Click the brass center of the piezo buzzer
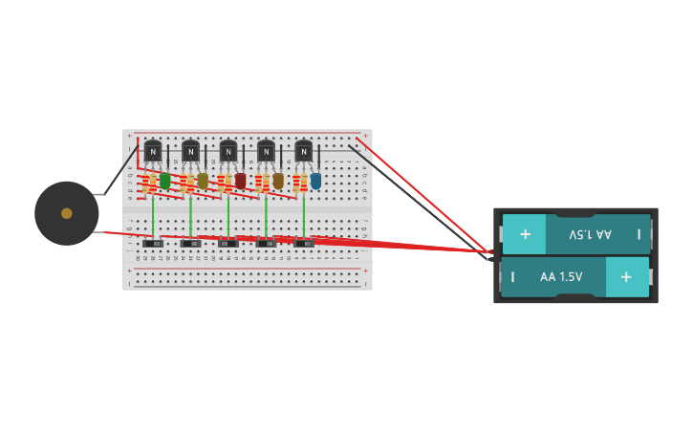coord(67,213)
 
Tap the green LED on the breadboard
coord(165,181)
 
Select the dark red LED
coord(241,181)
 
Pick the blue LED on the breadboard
coord(315,181)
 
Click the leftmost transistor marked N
coord(153,151)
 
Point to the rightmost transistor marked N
coord(303,151)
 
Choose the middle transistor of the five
coord(228,151)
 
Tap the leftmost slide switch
coord(153,244)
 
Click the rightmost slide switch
coord(304,244)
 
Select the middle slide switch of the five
coord(228,244)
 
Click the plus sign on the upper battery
coord(525,234)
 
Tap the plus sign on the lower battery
coord(626,276)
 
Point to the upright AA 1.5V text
coord(561,277)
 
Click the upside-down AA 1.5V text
coord(590,234)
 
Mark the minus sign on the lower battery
coord(512,277)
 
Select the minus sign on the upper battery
coord(639,234)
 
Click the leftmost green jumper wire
coord(153,215)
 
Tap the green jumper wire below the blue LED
coord(304,215)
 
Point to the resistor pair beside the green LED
coord(149,183)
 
